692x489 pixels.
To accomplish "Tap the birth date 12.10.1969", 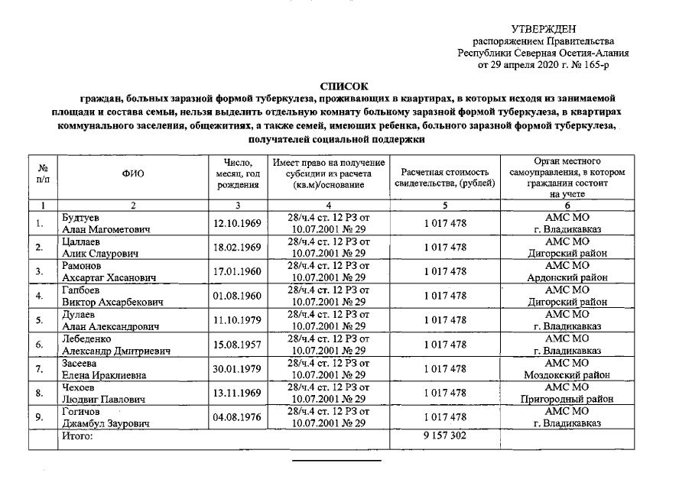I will pos(237,223).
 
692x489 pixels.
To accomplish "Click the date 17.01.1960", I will pos(237,271).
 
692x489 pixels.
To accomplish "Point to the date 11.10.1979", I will pos(237,320).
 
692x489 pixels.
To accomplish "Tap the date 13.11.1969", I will pos(237,393).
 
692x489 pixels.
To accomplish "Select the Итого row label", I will pos(77,436).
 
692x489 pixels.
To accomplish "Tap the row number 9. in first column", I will pos(40,417).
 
